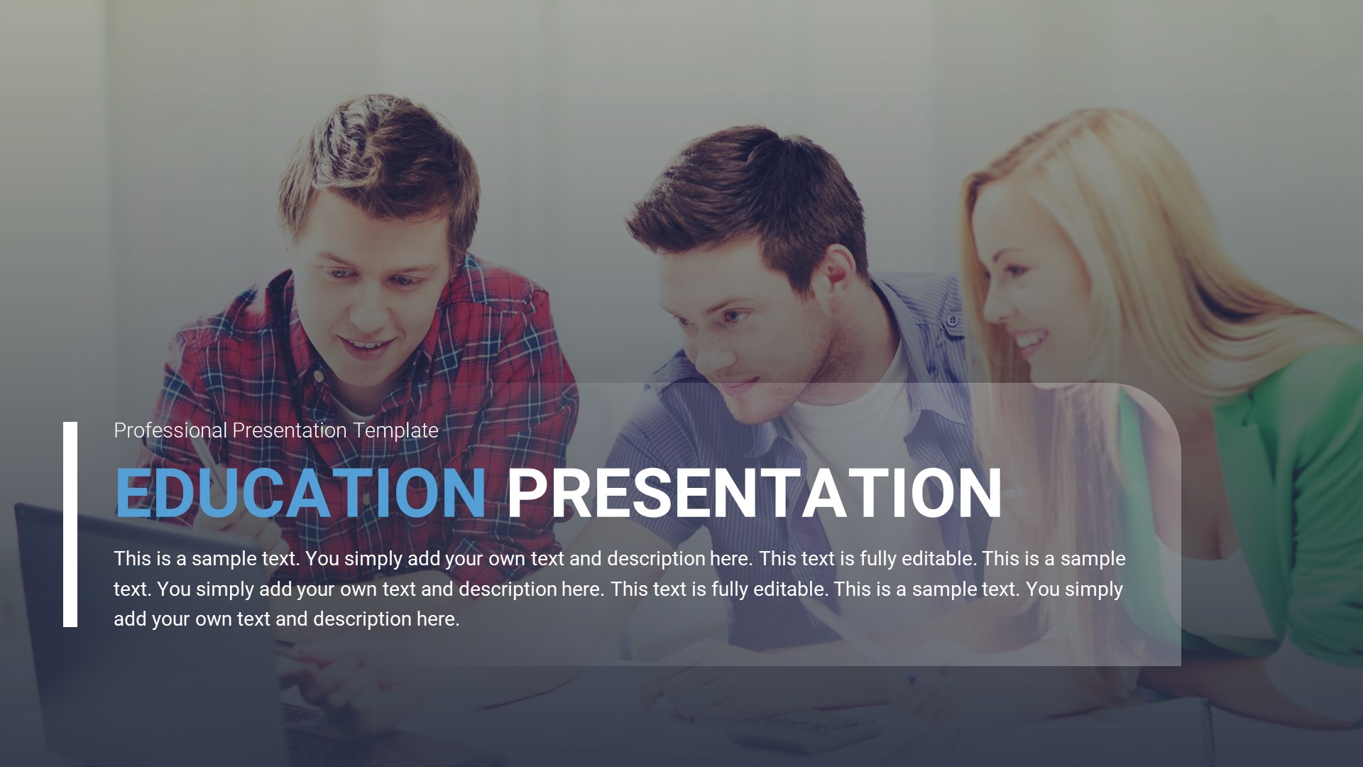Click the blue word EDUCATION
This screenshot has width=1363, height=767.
[x=300, y=493]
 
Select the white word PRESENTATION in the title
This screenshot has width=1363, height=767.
[x=754, y=493]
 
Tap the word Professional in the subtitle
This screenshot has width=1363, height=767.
[x=170, y=430]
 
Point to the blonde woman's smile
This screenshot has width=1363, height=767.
[x=1029, y=339]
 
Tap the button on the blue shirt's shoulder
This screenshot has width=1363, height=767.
[x=952, y=321]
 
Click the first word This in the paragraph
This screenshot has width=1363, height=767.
[x=132, y=559]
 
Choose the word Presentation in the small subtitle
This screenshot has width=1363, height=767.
[x=290, y=430]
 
